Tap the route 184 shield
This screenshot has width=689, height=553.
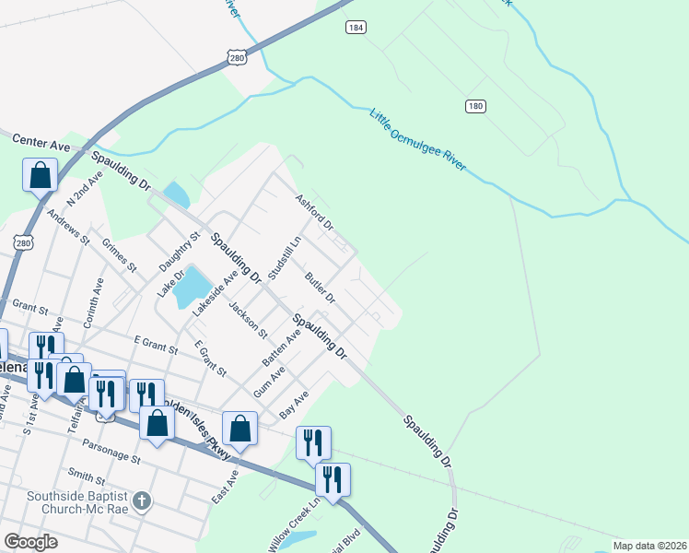pyautogui.click(x=356, y=28)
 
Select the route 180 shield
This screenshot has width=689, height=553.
pyautogui.click(x=474, y=107)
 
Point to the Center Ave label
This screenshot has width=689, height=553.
pyautogui.click(x=41, y=143)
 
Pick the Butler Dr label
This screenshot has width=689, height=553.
pyautogui.click(x=321, y=288)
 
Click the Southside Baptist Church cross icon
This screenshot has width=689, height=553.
pyautogui.click(x=140, y=501)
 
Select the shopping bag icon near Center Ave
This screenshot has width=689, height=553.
pyautogui.click(x=41, y=173)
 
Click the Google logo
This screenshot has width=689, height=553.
pyautogui.click(x=30, y=542)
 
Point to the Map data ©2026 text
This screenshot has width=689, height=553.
pyautogui.click(x=649, y=546)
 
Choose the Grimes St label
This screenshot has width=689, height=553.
pyautogui.click(x=120, y=257)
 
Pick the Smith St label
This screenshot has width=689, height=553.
pyautogui.click(x=86, y=477)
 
